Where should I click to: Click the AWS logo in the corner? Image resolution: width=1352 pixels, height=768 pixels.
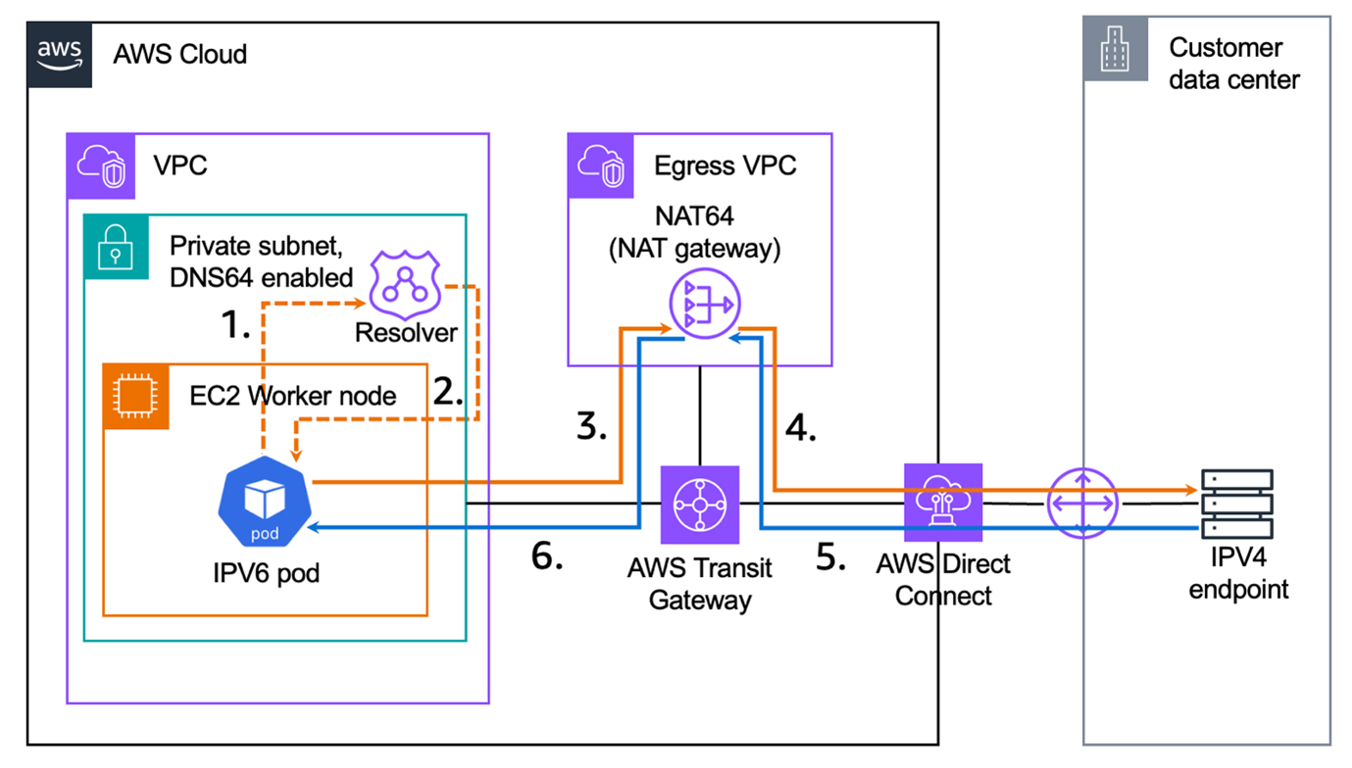tap(60, 55)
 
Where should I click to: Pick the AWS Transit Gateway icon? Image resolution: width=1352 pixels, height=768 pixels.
tap(699, 504)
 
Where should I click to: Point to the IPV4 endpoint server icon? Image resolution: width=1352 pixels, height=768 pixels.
tap(1237, 504)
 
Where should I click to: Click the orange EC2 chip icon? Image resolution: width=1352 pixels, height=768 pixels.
tap(136, 397)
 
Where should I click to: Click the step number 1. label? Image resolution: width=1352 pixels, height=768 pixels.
tap(234, 324)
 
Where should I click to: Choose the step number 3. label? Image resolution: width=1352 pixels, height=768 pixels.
tap(591, 427)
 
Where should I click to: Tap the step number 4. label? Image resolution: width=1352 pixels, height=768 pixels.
tap(801, 427)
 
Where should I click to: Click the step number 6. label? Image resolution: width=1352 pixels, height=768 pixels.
tap(547, 555)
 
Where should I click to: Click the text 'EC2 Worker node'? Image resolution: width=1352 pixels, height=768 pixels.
tap(293, 396)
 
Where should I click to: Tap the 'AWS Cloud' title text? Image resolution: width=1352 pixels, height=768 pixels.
tap(180, 53)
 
